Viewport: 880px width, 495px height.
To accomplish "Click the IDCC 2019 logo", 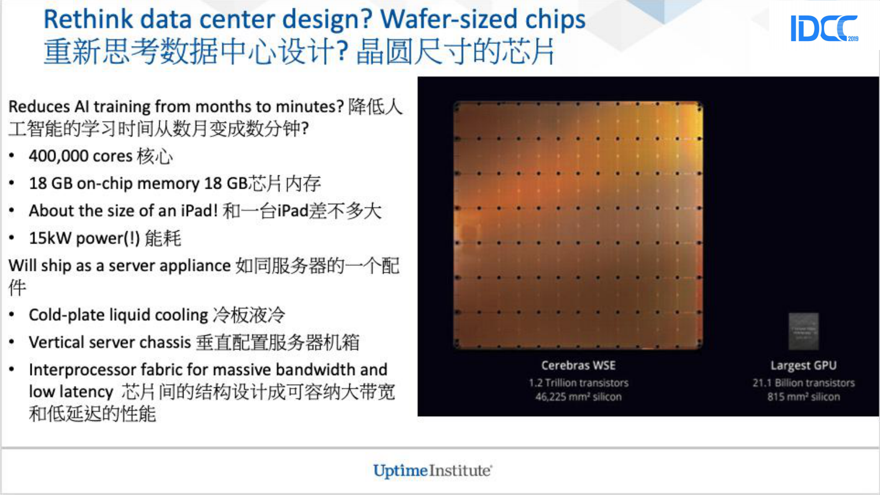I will (x=823, y=28).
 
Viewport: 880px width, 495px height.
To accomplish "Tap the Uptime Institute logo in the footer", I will (x=432, y=471).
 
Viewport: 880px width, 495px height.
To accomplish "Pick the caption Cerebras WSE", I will (x=578, y=365).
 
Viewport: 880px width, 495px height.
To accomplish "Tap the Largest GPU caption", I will (x=803, y=365).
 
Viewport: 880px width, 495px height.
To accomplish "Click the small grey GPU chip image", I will (x=803, y=331).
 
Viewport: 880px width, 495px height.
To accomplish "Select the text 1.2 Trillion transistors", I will (x=578, y=382).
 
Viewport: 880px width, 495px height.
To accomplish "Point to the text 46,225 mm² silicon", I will (x=578, y=396).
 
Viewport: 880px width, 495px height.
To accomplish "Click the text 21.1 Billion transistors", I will (x=803, y=382).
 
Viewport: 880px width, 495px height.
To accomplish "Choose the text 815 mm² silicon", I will (x=803, y=396).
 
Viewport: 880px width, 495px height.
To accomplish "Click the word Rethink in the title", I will (x=88, y=19).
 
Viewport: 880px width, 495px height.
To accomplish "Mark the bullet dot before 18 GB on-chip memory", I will (x=12, y=183).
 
